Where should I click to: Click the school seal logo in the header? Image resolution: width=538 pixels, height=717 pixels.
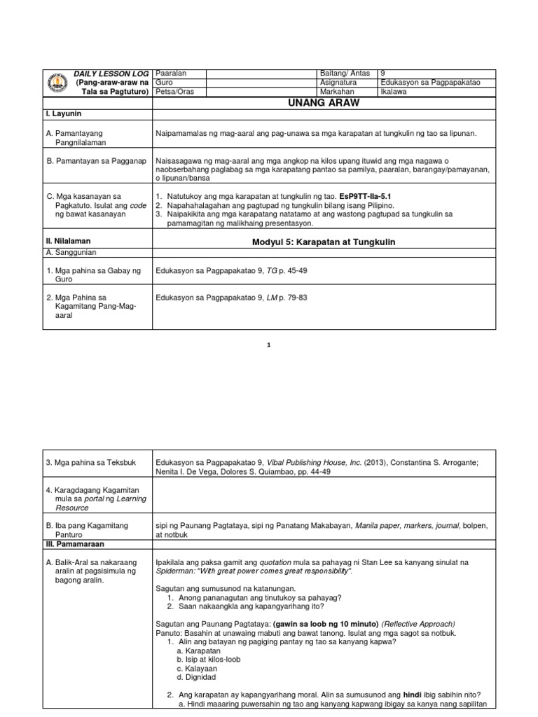tap(57, 83)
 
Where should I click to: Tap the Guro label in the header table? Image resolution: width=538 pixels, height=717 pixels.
tap(163, 83)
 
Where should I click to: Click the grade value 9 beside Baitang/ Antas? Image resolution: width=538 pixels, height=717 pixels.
tap(382, 74)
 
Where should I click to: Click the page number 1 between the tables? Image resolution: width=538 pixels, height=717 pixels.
tap(269, 345)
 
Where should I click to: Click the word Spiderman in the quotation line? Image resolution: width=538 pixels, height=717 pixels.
tap(175, 571)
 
